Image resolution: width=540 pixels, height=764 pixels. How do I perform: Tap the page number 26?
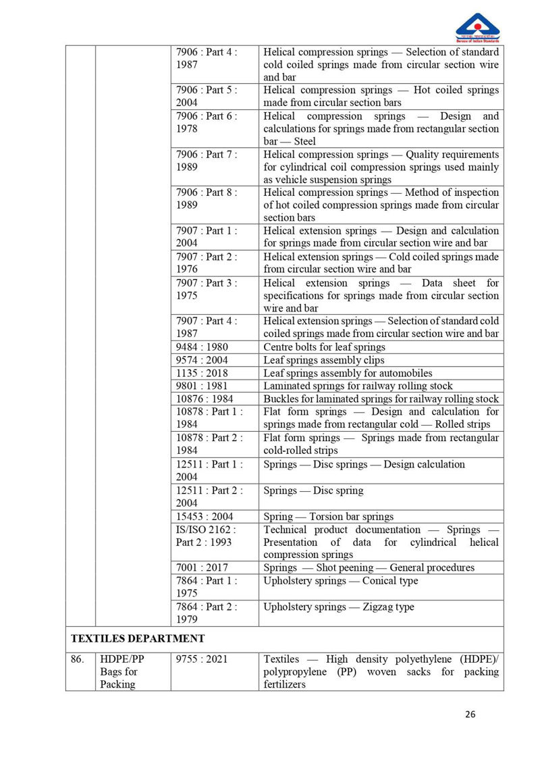(470, 715)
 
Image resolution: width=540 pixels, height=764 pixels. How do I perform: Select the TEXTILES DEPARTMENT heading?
(138, 638)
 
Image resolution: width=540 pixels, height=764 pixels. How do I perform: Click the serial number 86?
(78, 659)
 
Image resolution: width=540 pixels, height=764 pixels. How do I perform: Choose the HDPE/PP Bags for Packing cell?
(119, 671)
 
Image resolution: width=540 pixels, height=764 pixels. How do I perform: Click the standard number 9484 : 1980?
(202, 347)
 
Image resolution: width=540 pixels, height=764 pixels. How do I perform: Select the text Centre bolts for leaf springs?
(324, 347)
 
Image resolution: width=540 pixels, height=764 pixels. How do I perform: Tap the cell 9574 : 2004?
(202, 360)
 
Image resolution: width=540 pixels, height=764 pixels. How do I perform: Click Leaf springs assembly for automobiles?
(348, 373)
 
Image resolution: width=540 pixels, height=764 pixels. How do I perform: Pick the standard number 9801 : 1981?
(202, 386)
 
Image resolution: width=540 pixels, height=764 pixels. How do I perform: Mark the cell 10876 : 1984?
(205, 399)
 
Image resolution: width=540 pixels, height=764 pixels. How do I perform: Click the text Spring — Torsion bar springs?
(328, 517)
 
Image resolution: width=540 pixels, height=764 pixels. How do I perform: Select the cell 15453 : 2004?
(205, 517)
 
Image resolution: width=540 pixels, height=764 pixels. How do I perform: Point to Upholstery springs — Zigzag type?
(339, 607)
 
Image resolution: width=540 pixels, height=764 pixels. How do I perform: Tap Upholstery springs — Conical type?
(340, 581)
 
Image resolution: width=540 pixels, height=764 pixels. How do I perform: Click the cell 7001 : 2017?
(202, 567)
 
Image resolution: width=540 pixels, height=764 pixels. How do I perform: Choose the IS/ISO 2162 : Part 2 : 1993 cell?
(206, 536)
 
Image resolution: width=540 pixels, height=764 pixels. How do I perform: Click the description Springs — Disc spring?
(313, 490)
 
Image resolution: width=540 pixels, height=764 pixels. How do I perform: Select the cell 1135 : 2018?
(202, 373)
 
